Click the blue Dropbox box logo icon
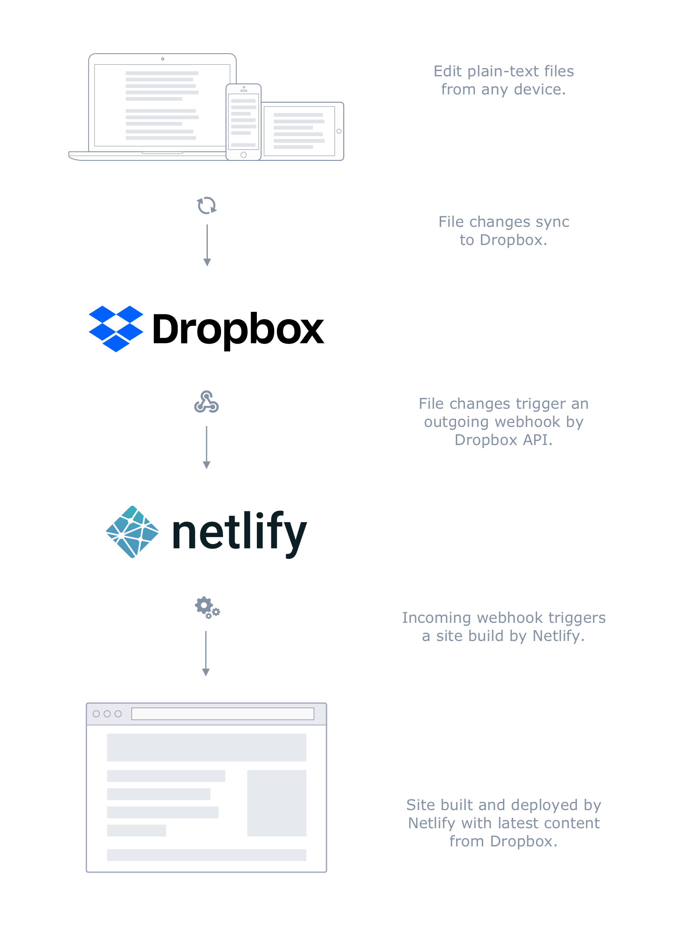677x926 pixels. point(116,329)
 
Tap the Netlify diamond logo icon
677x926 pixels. point(132,532)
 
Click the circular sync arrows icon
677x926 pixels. point(207,205)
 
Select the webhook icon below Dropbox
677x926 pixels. point(207,402)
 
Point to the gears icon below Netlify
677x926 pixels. point(207,608)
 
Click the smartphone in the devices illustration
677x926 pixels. point(244,122)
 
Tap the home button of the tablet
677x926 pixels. point(339,131)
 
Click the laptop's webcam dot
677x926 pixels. point(162,59)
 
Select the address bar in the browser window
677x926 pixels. point(223,714)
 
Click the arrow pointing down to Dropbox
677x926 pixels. point(207,245)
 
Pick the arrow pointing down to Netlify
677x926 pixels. point(207,448)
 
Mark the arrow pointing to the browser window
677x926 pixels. point(206,654)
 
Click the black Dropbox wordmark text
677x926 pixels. point(238,330)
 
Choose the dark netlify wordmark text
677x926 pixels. point(240,533)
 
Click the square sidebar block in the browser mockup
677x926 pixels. point(277,803)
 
